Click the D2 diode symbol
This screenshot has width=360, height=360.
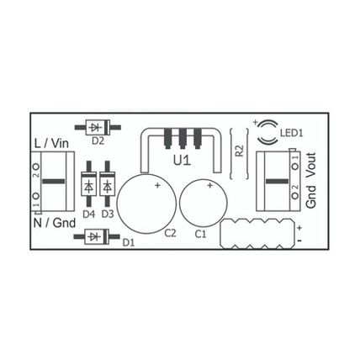(x=98, y=127)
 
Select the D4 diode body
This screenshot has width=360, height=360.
(x=89, y=183)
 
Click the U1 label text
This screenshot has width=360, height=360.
(x=182, y=161)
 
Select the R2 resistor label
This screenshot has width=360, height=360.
(x=240, y=151)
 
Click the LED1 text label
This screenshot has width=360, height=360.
(x=292, y=133)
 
